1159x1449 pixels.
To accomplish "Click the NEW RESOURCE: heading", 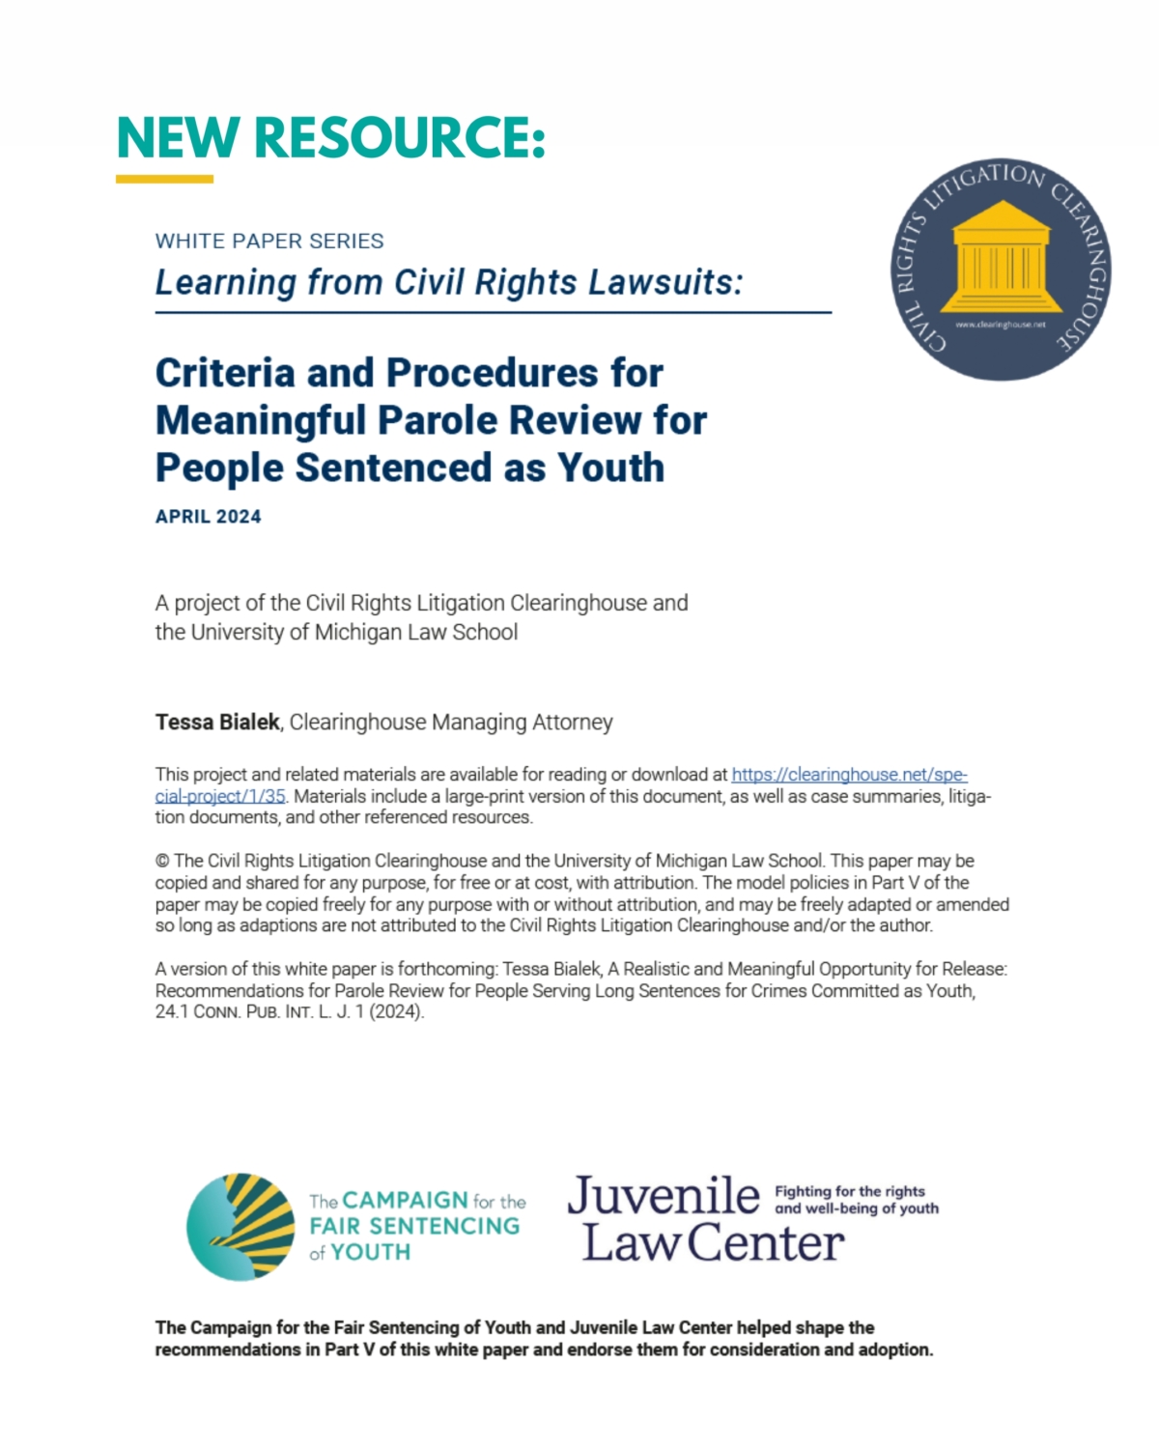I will [x=330, y=137].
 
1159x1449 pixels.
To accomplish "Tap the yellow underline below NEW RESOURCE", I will [x=164, y=179].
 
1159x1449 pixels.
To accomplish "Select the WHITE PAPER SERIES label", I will [x=269, y=241].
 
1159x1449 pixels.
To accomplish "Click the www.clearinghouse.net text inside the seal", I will [x=1001, y=325].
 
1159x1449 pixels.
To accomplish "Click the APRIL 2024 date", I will [x=209, y=517].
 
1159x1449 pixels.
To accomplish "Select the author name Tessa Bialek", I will [x=217, y=722].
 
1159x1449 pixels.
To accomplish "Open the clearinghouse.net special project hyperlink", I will [x=849, y=775].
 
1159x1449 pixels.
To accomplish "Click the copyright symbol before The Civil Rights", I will [x=161, y=861].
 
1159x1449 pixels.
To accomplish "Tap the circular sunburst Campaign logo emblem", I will [x=240, y=1227].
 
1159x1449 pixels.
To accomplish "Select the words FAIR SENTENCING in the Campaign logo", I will [x=414, y=1226].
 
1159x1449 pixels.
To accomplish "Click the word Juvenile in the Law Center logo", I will [x=664, y=1196].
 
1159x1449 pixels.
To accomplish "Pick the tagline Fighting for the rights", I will [x=850, y=1191].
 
